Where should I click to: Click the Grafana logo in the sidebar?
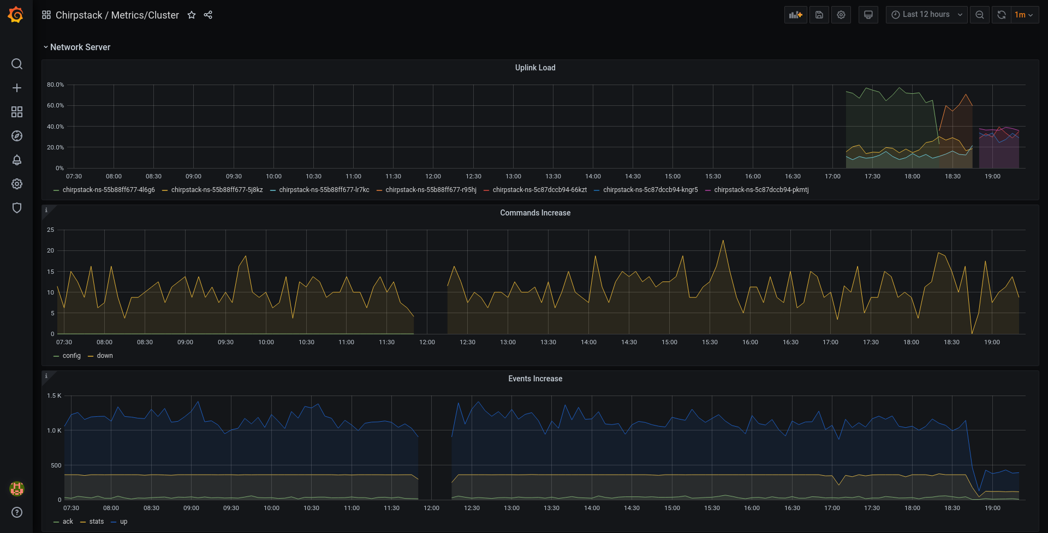(16, 15)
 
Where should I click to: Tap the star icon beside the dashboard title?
(192, 15)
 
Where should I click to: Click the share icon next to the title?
(208, 15)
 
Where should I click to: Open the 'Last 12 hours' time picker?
(926, 15)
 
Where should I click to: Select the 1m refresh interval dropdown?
(1023, 15)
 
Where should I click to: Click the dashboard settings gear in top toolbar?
(841, 15)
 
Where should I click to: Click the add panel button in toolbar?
(796, 15)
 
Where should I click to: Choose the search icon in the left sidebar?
(17, 64)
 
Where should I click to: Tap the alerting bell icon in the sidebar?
(17, 160)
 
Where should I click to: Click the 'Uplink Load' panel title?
(535, 68)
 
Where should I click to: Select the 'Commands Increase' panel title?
(535, 213)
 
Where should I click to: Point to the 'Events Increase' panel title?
(535, 379)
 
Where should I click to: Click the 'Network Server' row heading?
(80, 47)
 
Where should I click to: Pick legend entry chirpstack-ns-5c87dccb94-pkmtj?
(761, 190)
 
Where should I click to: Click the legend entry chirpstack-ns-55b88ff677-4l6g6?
(109, 190)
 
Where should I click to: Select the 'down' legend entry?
(105, 356)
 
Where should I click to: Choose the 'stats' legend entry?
(96, 522)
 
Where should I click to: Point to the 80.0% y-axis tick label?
(55, 85)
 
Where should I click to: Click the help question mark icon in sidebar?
(17, 512)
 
